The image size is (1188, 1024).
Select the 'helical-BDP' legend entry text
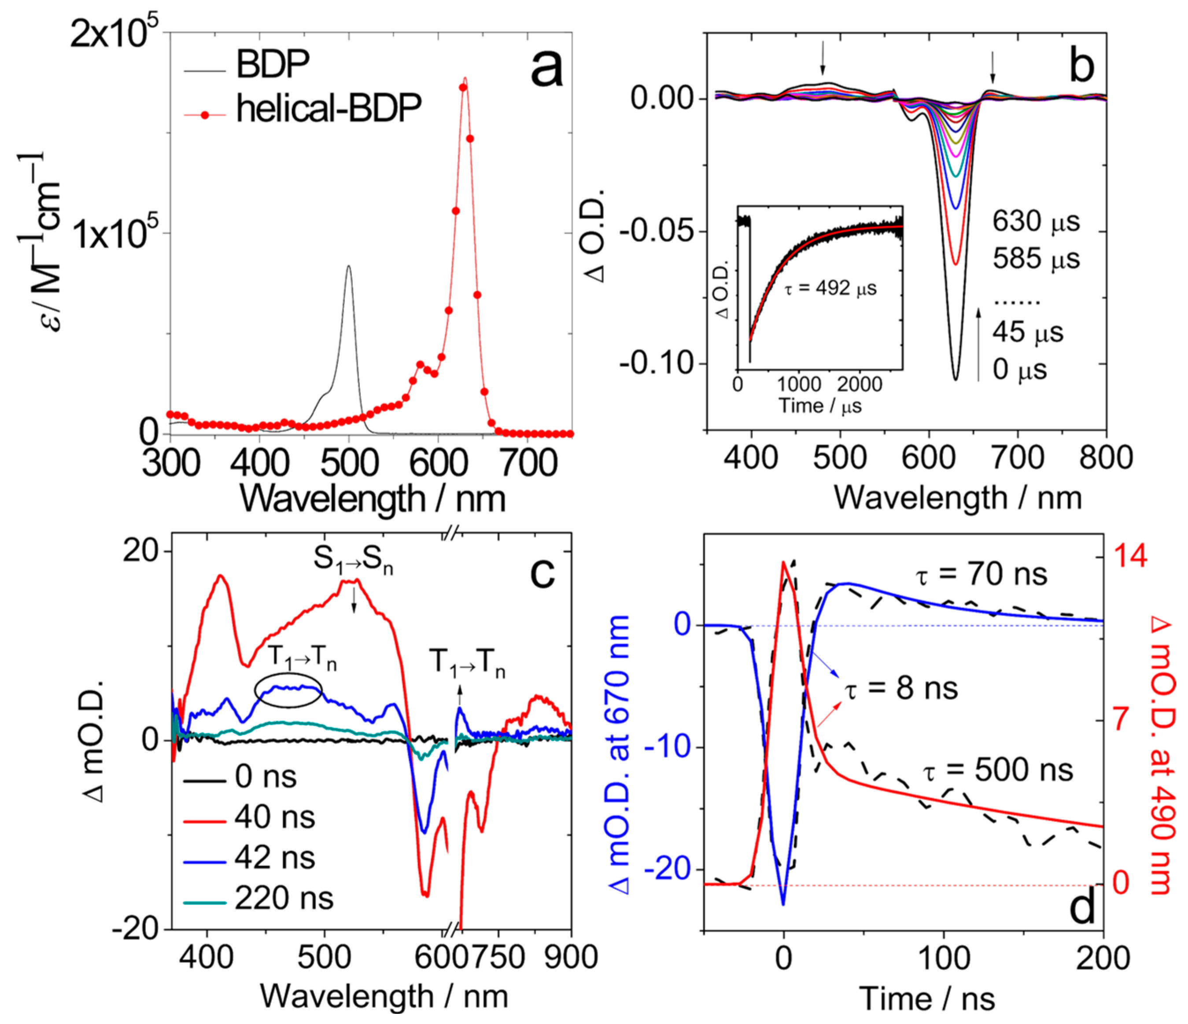(328, 108)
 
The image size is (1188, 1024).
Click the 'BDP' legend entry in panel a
(273, 64)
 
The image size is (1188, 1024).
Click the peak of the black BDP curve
(348, 266)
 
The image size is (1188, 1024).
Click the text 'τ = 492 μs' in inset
(830, 288)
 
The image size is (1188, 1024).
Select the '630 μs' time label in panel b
(1036, 221)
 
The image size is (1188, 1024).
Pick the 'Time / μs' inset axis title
(820, 406)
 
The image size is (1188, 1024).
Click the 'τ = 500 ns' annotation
(998, 770)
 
